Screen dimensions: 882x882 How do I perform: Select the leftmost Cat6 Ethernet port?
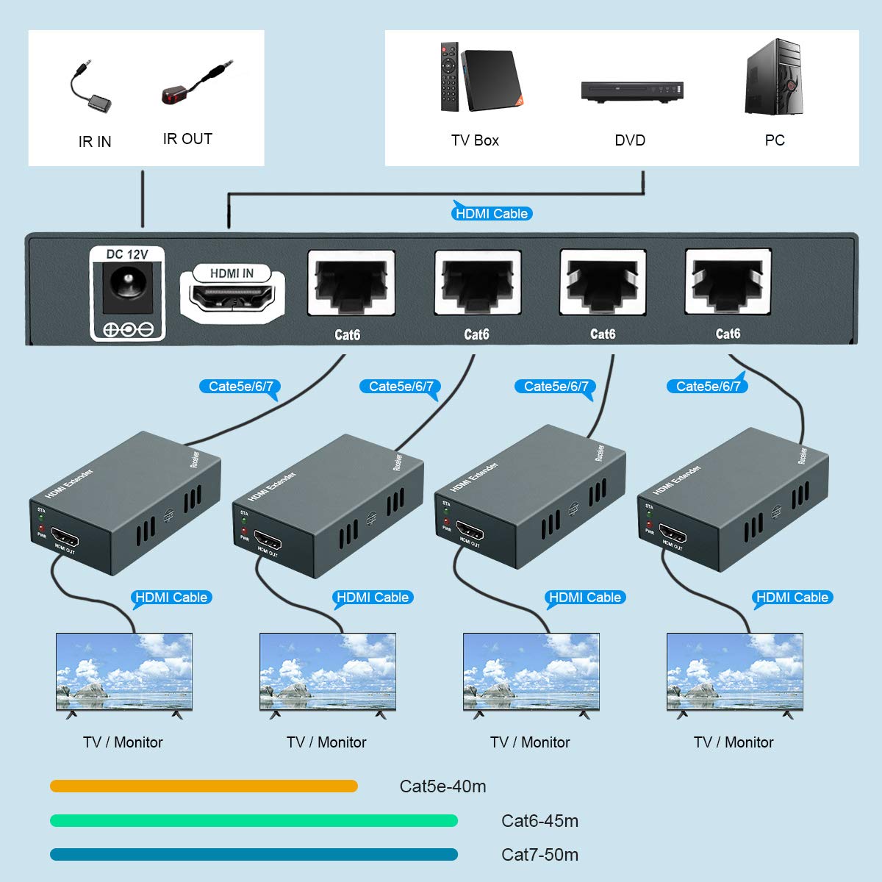click(351, 283)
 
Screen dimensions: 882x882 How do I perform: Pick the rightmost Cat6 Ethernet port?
click(728, 282)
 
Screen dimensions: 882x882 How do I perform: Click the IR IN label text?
click(95, 142)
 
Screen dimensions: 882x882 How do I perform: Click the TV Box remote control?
click(449, 77)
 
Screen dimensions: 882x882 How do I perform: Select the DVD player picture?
click(632, 90)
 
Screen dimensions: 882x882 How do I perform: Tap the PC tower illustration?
click(773, 77)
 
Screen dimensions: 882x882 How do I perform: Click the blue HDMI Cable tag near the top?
click(491, 214)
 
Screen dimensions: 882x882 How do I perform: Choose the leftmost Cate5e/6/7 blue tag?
click(240, 387)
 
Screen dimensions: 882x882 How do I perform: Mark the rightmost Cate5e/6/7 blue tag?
click(707, 387)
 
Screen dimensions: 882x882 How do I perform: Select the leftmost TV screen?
click(124, 671)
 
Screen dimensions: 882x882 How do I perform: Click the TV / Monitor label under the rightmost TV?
click(734, 742)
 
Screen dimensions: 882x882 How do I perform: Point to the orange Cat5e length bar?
click(204, 786)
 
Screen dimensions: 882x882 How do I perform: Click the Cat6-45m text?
click(539, 821)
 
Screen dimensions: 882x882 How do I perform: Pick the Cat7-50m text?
click(539, 855)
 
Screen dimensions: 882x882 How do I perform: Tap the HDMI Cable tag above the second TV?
click(372, 598)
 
